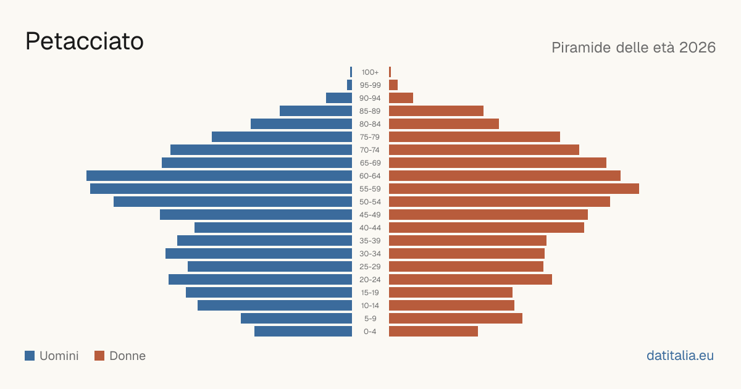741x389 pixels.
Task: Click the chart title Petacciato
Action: click(85, 41)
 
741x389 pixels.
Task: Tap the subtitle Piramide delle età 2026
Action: click(634, 48)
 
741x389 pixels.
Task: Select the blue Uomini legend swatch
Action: click(30, 356)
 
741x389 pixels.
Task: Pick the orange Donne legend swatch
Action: click(99, 356)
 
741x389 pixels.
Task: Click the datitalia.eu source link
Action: click(680, 356)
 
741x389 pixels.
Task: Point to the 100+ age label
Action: click(370, 72)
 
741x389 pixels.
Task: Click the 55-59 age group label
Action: click(370, 189)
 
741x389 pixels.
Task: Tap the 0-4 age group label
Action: click(370, 332)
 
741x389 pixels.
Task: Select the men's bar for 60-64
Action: click(219, 175)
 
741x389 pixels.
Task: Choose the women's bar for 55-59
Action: click(514, 189)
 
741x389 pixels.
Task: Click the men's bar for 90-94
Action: click(339, 98)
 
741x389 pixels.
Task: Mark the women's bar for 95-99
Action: click(393, 85)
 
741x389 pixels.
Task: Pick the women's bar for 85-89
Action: click(436, 111)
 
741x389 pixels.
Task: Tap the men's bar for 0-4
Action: click(303, 332)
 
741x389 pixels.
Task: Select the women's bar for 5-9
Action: click(456, 319)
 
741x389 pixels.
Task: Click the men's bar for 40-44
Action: click(273, 228)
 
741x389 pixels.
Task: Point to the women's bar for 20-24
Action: click(471, 280)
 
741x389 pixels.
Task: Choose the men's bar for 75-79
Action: click(282, 137)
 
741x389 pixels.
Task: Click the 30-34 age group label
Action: click(370, 254)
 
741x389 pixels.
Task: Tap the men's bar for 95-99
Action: click(350, 85)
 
